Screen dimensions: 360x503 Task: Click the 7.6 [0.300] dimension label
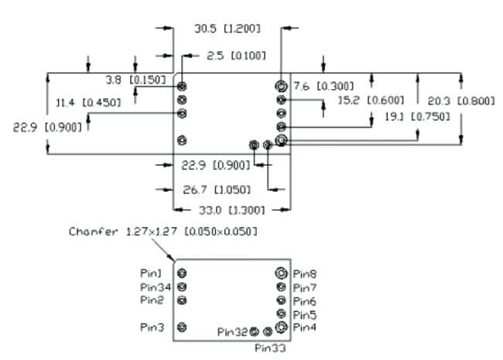pyautogui.click(x=323, y=86)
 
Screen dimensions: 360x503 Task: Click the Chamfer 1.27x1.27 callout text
pyautogui.click(x=163, y=231)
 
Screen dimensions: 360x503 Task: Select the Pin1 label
pyautogui.click(x=152, y=273)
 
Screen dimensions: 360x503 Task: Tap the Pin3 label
pyautogui.click(x=152, y=327)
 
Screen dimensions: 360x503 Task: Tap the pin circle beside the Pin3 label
pyautogui.click(x=182, y=327)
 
